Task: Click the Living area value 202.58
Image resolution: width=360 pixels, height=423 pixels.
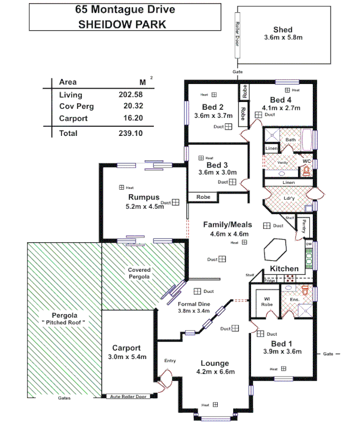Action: tap(131, 95)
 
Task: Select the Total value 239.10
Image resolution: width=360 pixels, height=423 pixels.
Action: tap(131, 133)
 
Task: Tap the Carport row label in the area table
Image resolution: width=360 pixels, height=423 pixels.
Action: tap(73, 118)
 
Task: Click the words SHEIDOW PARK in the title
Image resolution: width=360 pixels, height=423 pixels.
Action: tap(122, 24)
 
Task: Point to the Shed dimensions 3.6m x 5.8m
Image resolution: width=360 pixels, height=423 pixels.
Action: tap(283, 38)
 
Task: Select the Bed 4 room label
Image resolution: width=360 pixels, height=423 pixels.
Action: tap(281, 99)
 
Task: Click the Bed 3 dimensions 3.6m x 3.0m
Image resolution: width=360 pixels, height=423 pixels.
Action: tap(217, 172)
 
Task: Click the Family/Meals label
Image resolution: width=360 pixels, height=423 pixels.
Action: tap(227, 225)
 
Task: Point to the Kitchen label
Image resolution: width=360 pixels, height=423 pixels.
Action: tap(284, 269)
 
